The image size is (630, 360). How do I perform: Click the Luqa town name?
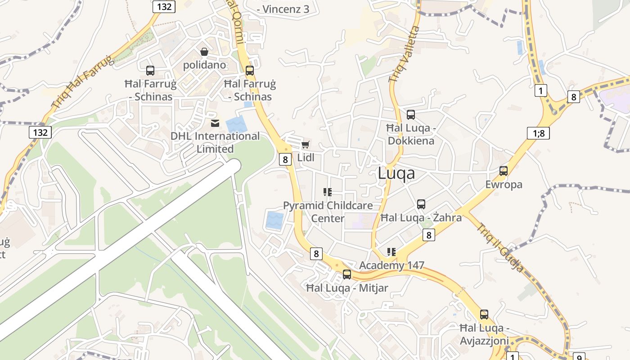click(396, 173)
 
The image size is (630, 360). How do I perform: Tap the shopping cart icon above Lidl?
click(306, 144)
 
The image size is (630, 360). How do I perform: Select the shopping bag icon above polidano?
click(204, 52)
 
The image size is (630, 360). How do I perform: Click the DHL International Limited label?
click(215, 142)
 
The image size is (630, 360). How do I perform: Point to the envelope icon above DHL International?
click(215, 123)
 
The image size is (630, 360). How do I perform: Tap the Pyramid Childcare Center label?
click(328, 212)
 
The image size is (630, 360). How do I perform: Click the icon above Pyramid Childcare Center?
click(328, 192)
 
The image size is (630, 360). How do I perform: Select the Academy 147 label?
click(391, 265)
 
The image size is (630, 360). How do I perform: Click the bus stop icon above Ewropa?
click(504, 171)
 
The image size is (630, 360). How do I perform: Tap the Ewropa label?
click(504, 184)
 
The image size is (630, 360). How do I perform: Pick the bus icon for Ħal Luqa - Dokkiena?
click(411, 115)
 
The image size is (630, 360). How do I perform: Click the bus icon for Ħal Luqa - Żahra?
click(421, 204)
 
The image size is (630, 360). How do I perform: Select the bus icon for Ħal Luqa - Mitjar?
click(347, 274)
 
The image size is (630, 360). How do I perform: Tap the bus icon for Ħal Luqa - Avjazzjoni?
click(484, 315)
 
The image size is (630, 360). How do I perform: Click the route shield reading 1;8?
click(538, 133)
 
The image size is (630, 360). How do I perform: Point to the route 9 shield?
click(579, 356)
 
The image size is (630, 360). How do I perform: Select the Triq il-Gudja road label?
click(500, 248)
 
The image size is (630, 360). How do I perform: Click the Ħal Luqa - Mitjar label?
click(347, 288)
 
